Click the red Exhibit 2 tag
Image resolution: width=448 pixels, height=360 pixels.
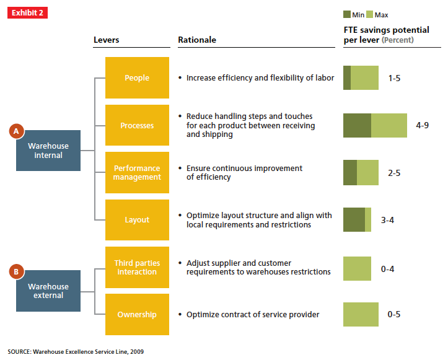(x=27, y=13)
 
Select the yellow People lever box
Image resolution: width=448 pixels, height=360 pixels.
(x=137, y=78)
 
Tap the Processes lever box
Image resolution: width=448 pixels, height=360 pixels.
(x=137, y=125)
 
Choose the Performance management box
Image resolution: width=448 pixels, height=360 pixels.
(x=137, y=172)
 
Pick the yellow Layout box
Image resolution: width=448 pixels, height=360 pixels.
(x=137, y=219)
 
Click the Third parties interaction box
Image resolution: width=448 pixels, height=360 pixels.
(x=137, y=267)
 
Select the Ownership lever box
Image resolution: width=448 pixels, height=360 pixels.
(x=137, y=314)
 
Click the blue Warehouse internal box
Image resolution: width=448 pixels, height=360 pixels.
(x=48, y=151)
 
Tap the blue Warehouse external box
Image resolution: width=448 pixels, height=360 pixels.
(x=48, y=291)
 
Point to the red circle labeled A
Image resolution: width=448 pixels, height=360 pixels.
(x=17, y=131)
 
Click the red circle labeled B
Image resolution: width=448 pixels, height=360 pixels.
(x=17, y=271)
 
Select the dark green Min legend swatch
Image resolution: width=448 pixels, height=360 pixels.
(x=347, y=14)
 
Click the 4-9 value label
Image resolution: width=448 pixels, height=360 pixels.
(x=423, y=125)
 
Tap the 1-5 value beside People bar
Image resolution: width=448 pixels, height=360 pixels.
(x=395, y=78)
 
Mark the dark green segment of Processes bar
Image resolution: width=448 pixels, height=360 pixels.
(x=357, y=125)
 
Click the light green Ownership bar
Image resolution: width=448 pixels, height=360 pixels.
(x=361, y=314)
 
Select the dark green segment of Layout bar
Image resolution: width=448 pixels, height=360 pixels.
(x=354, y=219)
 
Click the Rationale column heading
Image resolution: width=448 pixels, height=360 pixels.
(x=197, y=40)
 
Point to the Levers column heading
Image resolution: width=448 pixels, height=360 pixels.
(x=106, y=40)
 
